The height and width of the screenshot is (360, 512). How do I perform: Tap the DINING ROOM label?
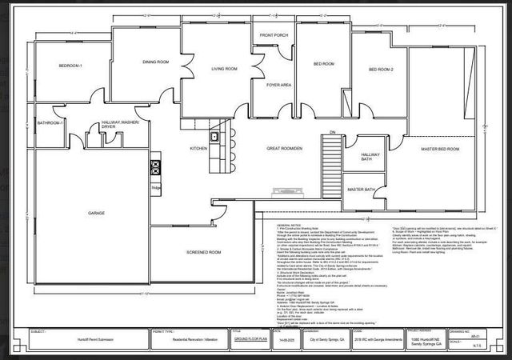[155, 62]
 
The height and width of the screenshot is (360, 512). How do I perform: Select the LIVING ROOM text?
[224, 69]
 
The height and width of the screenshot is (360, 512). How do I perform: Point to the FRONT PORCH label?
[274, 35]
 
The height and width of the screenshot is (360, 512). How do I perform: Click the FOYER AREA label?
[278, 85]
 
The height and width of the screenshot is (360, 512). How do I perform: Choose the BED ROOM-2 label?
[381, 70]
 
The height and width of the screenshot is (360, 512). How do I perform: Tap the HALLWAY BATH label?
[370, 157]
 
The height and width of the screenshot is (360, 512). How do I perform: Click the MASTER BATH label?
[360, 189]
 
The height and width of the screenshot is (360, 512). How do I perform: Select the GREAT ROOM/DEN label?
[284, 149]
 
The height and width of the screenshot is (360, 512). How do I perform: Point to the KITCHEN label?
[198, 148]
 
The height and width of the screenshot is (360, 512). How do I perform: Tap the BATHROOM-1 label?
[51, 123]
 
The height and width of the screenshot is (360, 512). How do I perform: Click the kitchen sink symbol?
[214, 138]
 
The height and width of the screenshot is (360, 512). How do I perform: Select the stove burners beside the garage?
[155, 167]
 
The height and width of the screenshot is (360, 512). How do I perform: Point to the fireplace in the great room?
[285, 191]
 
